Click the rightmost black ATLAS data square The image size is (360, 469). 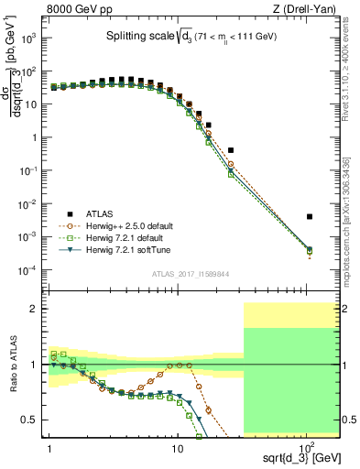(310, 217)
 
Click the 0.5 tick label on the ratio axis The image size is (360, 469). (33, 420)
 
